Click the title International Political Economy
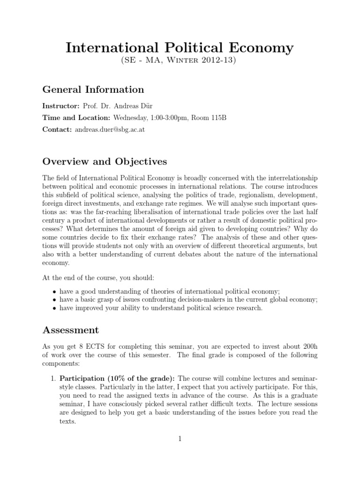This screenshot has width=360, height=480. tap(180, 47)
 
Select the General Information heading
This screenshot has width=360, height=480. tap(93, 89)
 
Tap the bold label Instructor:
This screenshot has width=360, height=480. tap(61, 106)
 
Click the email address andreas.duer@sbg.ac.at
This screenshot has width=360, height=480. tap(110, 129)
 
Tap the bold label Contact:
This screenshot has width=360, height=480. tap(57, 129)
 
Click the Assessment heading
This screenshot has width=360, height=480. tap(71, 330)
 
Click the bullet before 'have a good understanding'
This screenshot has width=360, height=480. tap(55, 292)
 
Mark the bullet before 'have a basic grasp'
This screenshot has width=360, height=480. tap(55, 300)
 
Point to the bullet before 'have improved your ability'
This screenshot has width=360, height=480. tap(55, 308)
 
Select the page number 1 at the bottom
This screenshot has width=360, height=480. tap(180, 438)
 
